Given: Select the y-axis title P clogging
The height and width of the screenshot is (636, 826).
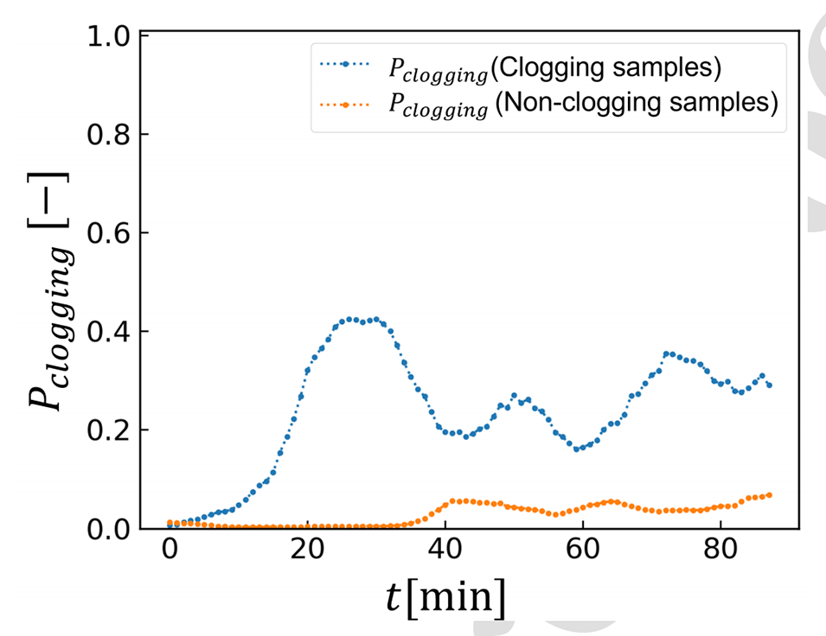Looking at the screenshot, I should pos(52,285).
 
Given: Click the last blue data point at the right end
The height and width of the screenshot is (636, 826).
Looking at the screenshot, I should pos(770,385).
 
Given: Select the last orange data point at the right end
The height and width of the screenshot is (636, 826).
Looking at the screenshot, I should pos(770,494).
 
